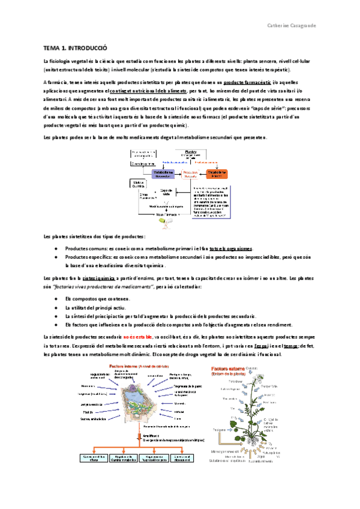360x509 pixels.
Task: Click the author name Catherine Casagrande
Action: pyautogui.click(x=292, y=25)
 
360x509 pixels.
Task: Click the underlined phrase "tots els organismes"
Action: pyautogui.click(x=230, y=248)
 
